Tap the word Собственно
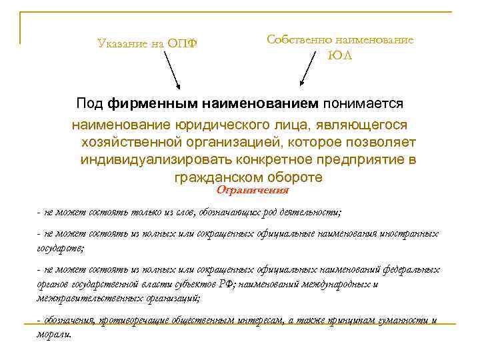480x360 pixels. [297, 40]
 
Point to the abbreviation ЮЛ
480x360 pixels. [339, 56]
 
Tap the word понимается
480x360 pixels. [364, 104]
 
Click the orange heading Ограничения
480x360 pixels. [253, 191]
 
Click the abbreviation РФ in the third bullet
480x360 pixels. [225, 283]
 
